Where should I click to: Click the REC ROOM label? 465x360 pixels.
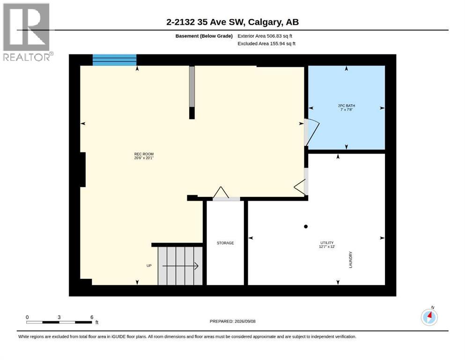pyautogui.click(x=144, y=154)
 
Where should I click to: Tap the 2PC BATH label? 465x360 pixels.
pyautogui.click(x=347, y=105)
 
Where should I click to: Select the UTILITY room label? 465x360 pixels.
pyautogui.click(x=327, y=243)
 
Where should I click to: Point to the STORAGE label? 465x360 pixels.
pyautogui.click(x=225, y=243)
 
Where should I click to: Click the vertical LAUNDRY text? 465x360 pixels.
pyautogui.click(x=351, y=260)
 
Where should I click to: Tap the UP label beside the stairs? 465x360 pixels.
pyautogui.click(x=149, y=266)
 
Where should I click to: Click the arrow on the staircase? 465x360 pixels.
pyautogui.click(x=180, y=266)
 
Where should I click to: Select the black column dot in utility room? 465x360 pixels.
pyautogui.click(x=306, y=226)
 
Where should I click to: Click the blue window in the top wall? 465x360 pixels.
pyautogui.click(x=114, y=60)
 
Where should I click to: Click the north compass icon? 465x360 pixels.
pyautogui.click(x=429, y=317)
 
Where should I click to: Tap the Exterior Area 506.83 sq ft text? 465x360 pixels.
pyautogui.click(x=265, y=36)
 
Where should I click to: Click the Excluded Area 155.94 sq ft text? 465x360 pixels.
pyautogui.click(x=266, y=44)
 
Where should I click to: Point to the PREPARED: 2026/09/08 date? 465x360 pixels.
pyautogui.click(x=232, y=321)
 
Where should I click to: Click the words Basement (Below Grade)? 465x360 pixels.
pyautogui.click(x=204, y=36)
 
